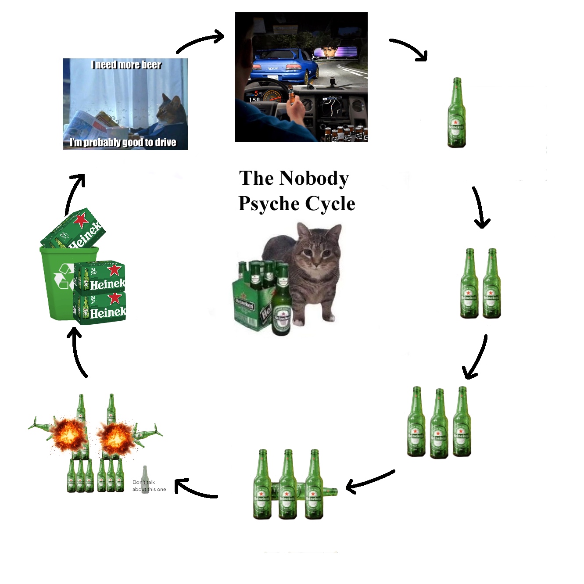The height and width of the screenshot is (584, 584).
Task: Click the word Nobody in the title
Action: point(314,178)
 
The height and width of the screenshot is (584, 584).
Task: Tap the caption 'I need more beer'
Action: point(126,65)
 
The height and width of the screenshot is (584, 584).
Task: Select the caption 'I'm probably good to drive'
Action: point(123,142)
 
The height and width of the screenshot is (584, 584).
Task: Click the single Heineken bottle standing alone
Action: point(456,113)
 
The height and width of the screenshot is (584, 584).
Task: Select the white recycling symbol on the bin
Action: point(64,276)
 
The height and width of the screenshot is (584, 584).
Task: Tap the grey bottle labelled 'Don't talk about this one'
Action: point(145,480)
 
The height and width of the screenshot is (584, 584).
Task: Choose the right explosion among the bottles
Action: point(115,436)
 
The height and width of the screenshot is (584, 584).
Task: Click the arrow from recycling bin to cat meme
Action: point(74,193)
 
